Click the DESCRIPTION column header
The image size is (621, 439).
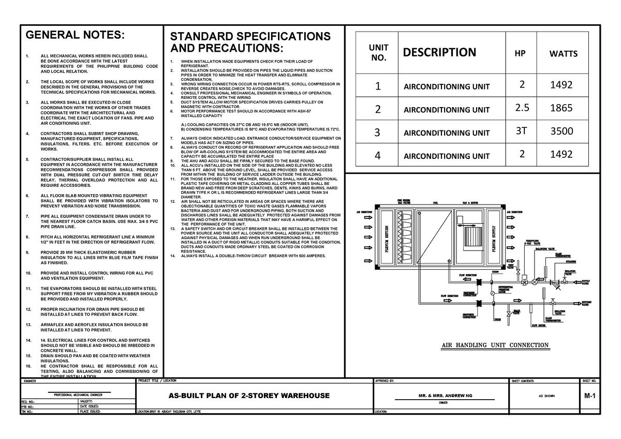click(x=439, y=52)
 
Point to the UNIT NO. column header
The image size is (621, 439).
click(x=378, y=52)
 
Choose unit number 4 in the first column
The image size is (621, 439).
click(x=377, y=155)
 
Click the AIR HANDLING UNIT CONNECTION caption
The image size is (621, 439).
click(x=494, y=345)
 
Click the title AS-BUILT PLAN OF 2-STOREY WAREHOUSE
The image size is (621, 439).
click(x=249, y=396)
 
